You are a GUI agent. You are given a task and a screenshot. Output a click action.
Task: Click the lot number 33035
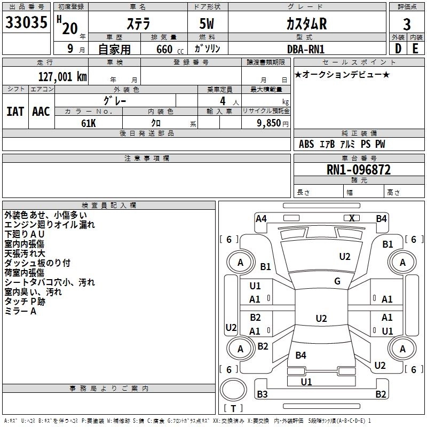26,22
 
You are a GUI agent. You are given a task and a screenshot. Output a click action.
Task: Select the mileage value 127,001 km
62,77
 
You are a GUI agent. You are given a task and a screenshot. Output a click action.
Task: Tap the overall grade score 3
407,24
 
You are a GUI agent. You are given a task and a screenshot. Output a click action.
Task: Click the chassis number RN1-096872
358,170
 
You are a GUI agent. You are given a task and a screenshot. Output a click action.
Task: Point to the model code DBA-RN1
305,49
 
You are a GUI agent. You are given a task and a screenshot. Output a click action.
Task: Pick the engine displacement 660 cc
170,50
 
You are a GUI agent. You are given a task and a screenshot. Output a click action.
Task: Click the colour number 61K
89,123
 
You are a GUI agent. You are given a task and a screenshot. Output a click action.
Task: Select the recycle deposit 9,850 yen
272,123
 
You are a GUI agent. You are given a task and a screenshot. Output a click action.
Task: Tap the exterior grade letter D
398,49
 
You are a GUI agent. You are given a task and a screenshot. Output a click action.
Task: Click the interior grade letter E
415,49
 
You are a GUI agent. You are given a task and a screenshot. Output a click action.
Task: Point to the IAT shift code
15,112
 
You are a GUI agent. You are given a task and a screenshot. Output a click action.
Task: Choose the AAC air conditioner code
41,112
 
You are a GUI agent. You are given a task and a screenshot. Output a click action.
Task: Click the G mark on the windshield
337,281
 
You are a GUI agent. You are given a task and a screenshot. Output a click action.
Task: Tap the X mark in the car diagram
352,218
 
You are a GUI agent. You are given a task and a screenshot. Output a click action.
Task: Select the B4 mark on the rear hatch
301,355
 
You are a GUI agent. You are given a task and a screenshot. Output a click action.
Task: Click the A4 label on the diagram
261,219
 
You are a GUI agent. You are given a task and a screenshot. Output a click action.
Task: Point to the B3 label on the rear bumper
262,394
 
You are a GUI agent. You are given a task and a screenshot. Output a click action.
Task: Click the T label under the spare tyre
233,408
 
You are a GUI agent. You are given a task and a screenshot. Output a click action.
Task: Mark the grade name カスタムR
306,24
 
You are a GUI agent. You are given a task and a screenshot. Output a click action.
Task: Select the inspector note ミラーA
20,311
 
